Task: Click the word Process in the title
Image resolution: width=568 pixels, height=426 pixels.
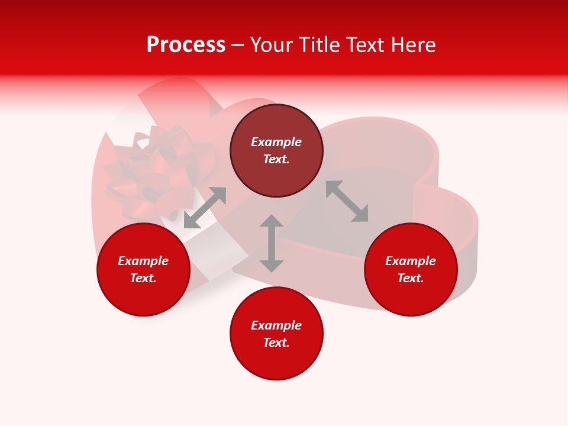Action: (x=186, y=45)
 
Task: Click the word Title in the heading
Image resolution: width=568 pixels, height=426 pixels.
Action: (x=315, y=45)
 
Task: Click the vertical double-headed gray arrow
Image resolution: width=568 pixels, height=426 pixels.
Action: (x=272, y=244)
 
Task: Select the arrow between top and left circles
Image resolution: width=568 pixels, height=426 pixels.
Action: (x=205, y=208)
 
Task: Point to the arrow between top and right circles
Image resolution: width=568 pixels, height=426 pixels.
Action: (x=347, y=201)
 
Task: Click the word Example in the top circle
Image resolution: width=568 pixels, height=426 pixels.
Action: (x=276, y=142)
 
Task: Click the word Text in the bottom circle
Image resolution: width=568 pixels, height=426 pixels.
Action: (x=276, y=343)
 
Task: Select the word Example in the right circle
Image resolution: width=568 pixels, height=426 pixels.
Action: (x=411, y=261)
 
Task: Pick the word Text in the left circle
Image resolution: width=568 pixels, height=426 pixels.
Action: (x=143, y=278)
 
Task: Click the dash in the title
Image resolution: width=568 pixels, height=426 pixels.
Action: (x=237, y=45)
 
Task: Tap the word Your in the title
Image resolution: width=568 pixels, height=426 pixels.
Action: (x=271, y=45)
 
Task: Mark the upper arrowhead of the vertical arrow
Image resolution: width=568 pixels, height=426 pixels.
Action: (x=272, y=222)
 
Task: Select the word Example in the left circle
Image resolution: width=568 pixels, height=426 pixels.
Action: (x=143, y=261)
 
